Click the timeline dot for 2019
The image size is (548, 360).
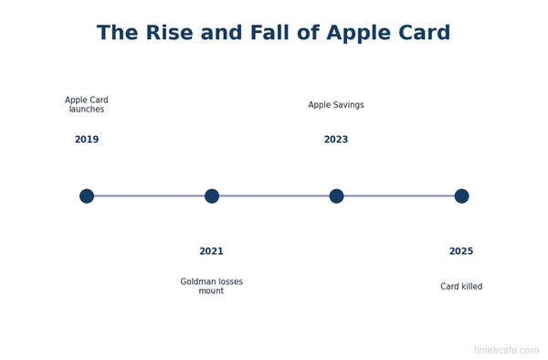(x=87, y=196)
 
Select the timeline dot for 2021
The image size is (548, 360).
(x=212, y=196)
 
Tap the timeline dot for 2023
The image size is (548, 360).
(x=336, y=196)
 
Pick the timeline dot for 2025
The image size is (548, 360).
(x=461, y=196)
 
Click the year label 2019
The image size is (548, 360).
(x=87, y=140)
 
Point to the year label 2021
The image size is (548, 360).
(x=211, y=251)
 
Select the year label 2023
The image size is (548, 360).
(x=336, y=140)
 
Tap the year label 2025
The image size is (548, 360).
(x=461, y=251)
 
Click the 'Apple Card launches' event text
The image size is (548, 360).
(x=87, y=105)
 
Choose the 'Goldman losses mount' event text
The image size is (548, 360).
(x=211, y=286)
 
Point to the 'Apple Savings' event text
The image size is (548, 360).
(x=336, y=105)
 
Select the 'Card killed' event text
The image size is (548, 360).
(x=461, y=287)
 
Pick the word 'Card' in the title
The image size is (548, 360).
(x=423, y=34)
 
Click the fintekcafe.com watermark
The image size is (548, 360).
(x=506, y=350)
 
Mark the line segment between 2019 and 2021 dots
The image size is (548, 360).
(x=149, y=196)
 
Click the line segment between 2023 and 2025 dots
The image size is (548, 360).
(x=399, y=196)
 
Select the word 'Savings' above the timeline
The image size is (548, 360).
(x=348, y=105)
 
